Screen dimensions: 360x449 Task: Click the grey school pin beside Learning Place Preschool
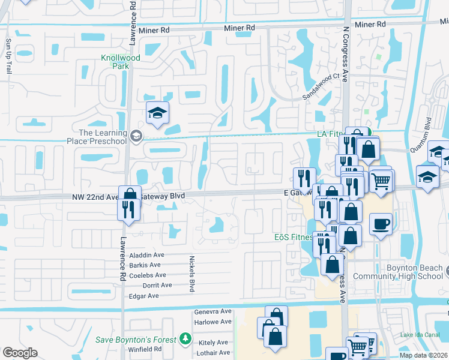[x=137, y=136]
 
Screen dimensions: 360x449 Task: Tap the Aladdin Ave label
[x=146, y=256]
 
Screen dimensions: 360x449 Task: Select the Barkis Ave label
[x=145, y=265]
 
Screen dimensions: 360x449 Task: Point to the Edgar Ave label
[x=144, y=296]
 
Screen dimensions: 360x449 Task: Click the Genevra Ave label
[x=213, y=312]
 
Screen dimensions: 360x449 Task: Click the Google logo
[x=20, y=353]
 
